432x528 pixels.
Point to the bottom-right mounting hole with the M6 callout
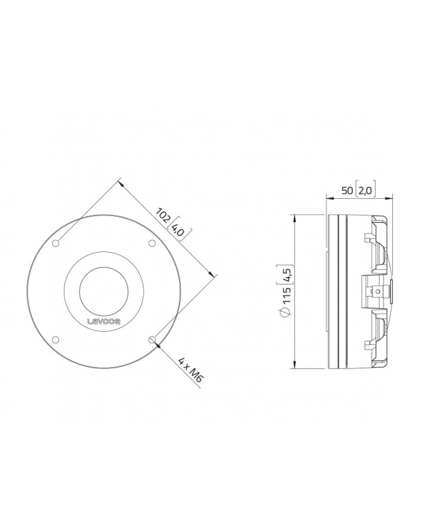(x=152, y=340)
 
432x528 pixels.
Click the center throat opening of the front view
(x=104, y=291)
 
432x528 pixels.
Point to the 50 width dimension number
(x=346, y=191)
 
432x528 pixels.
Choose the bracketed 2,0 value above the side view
(x=365, y=191)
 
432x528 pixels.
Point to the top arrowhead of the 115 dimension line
(x=293, y=216)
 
